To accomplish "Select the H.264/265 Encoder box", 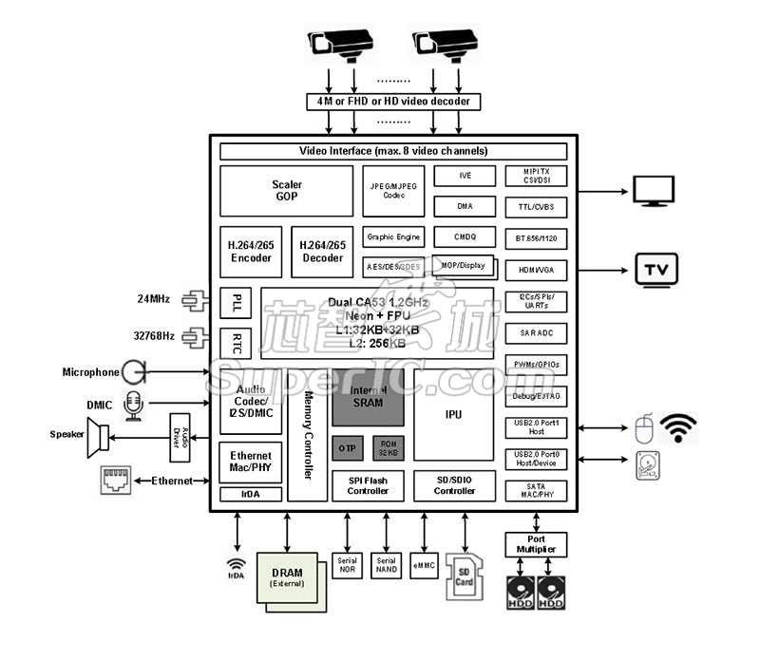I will (x=250, y=251).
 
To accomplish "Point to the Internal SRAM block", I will (x=368, y=397).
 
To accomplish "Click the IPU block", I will (x=454, y=415).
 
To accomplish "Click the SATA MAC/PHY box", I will (x=537, y=489).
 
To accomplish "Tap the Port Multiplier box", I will (x=537, y=544).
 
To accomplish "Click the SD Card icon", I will (x=465, y=576).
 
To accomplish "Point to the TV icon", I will (x=655, y=270).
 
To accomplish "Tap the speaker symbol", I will (x=98, y=437).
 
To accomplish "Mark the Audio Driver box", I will (x=180, y=437).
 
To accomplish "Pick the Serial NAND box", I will (x=387, y=565).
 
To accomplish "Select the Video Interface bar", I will (x=393, y=151).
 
